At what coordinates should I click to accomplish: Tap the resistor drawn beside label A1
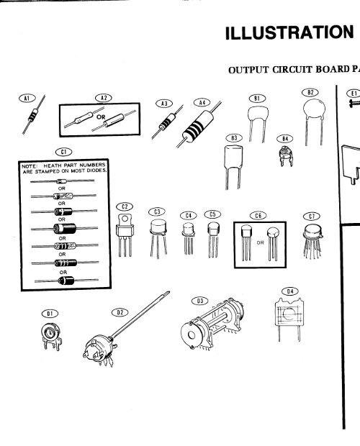pos(35,114)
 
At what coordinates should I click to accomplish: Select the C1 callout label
pos(64,151)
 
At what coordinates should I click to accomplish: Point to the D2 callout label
pos(120,313)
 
